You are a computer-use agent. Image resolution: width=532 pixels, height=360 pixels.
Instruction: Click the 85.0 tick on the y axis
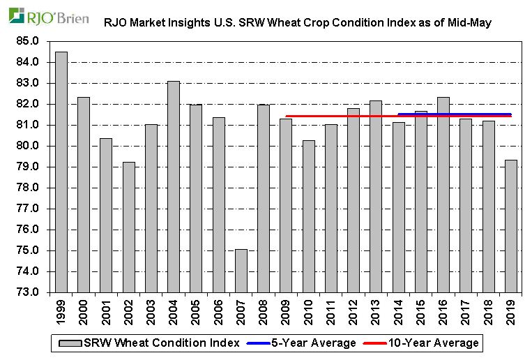29,41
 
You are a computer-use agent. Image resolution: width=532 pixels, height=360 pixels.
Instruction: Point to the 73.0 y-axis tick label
29,292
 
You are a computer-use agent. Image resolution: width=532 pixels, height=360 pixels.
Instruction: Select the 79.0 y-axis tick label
29,167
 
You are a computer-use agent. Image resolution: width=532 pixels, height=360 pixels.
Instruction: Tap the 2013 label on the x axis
376,311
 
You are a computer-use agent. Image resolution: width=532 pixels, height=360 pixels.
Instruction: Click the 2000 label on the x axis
84,311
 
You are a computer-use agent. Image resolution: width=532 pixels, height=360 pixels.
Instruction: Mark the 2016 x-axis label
443,311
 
